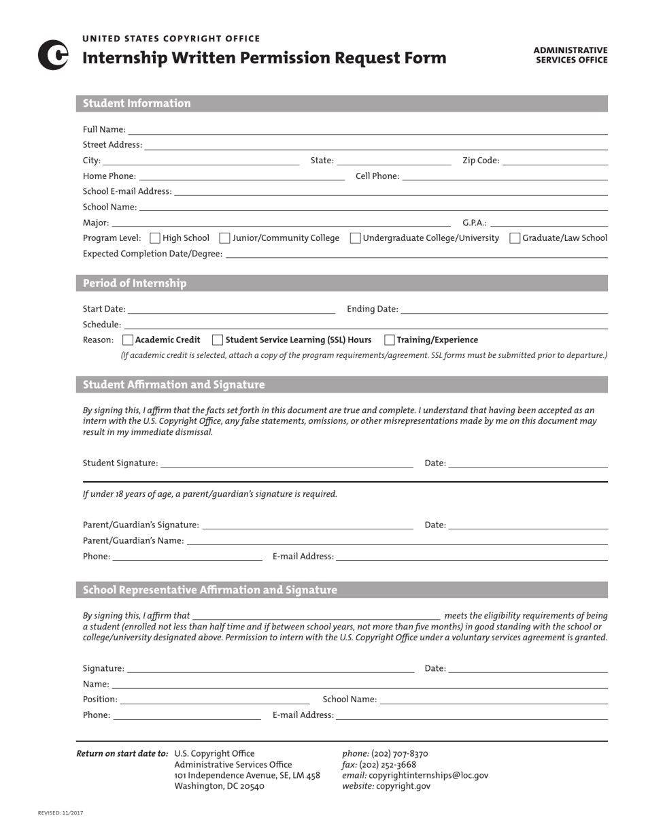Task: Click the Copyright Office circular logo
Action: (52, 55)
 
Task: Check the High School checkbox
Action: (154, 238)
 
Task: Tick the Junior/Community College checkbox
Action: (224, 238)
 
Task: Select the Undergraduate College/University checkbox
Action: (355, 238)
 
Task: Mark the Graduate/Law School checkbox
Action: (515, 238)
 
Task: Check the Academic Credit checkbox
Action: (128, 340)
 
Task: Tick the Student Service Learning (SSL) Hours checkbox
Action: (218, 340)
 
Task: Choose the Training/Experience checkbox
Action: (390, 340)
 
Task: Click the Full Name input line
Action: (367, 129)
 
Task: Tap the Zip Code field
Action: (555, 161)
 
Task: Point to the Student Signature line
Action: (286, 463)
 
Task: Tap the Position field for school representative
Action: (214, 700)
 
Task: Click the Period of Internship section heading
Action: (135, 283)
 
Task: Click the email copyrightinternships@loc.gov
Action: (428, 775)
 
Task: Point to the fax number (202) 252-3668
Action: (388, 764)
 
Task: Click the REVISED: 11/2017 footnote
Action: (61, 813)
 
